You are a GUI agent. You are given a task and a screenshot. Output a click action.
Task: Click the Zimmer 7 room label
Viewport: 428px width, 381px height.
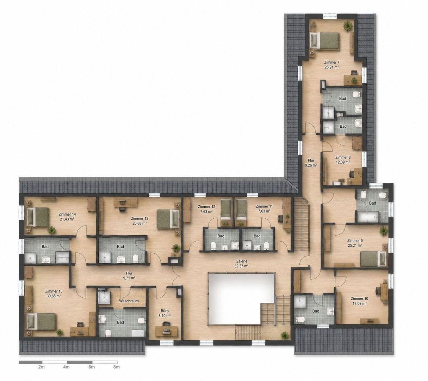[332, 63]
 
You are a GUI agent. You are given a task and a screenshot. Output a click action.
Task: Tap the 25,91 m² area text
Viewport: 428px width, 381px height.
[332, 67]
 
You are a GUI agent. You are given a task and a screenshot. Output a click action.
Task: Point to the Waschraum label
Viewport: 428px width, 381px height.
[129, 301]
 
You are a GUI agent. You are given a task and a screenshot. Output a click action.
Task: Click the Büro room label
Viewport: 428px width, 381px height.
[165, 311]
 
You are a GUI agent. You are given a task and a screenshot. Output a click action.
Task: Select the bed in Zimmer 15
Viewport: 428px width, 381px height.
[41, 321]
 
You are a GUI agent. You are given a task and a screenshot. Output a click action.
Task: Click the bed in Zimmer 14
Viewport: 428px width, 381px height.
[38, 217]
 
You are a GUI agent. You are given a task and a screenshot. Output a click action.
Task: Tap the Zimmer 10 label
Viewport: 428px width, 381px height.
[359, 298]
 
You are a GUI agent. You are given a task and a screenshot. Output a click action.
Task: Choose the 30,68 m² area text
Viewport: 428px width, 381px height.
[53, 296]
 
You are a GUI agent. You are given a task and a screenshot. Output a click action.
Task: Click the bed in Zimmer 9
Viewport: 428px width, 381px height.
[373, 259]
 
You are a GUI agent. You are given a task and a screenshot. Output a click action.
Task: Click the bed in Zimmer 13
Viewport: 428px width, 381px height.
[168, 219]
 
